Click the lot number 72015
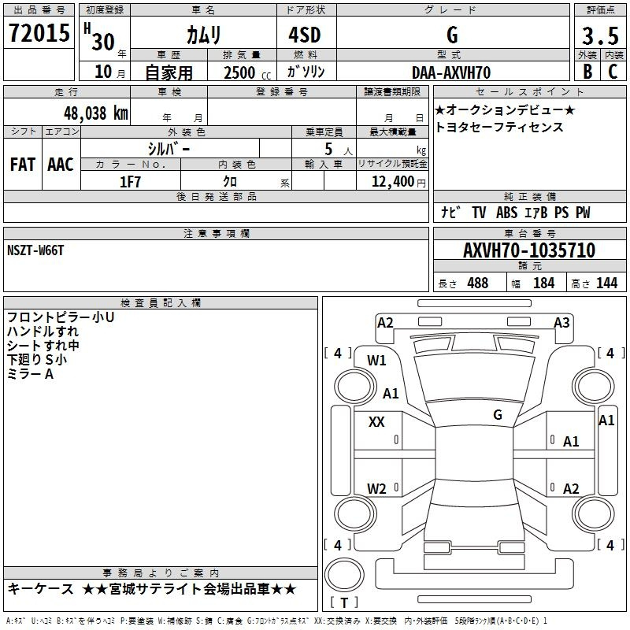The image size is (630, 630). pyautogui.click(x=39, y=33)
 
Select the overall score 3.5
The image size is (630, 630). pyautogui.click(x=600, y=35)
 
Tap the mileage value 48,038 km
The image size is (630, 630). pyautogui.click(x=96, y=113)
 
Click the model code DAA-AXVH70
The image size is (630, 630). pyautogui.click(x=451, y=72)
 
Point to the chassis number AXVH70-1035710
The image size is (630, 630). pyautogui.click(x=529, y=250)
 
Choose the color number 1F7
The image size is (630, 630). pyautogui.click(x=130, y=182)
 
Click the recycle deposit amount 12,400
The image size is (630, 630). pyautogui.click(x=393, y=182)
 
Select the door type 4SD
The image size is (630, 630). pyautogui.click(x=305, y=35)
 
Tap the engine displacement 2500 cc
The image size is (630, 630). pyautogui.click(x=247, y=72)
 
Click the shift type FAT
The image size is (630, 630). pyautogui.click(x=23, y=165)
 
